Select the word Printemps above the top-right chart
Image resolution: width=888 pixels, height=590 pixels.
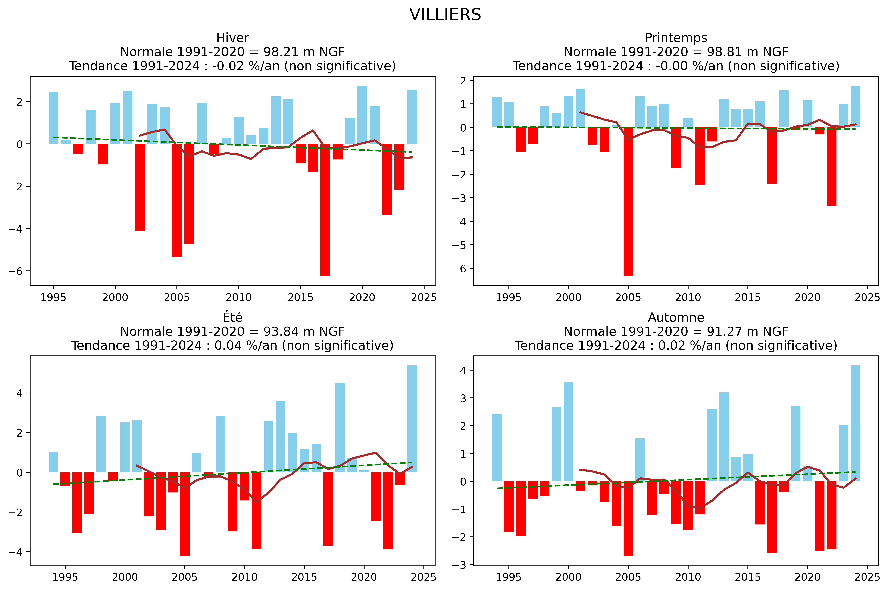(x=676, y=38)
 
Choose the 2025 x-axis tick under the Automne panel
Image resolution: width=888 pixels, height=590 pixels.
(x=867, y=577)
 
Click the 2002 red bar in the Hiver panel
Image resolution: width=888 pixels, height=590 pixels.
(x=140, y=187)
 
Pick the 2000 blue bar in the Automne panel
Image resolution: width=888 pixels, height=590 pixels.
(x=568, y=432)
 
